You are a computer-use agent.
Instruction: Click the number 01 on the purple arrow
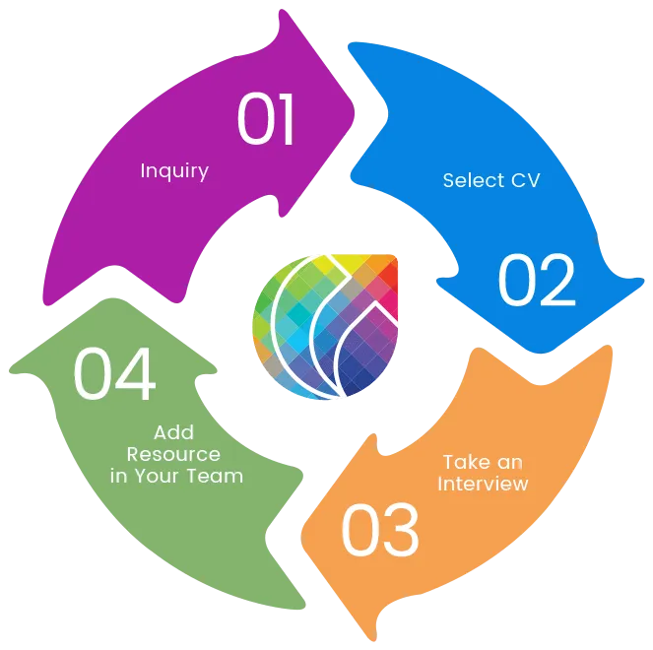pos(266,120)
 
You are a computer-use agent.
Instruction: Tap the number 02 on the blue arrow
pos(536,282)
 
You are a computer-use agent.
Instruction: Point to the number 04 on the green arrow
pos(114,375)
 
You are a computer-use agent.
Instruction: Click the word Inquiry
pos(174,171)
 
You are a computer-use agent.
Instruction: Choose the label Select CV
pos(492,180)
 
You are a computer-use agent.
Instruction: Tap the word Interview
pos(483,484)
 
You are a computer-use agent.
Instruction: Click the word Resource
pos(173,454)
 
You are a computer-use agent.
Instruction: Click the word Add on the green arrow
pos(173,432)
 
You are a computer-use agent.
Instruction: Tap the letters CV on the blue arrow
pos(526,180)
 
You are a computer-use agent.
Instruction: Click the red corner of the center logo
pos(387,270)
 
